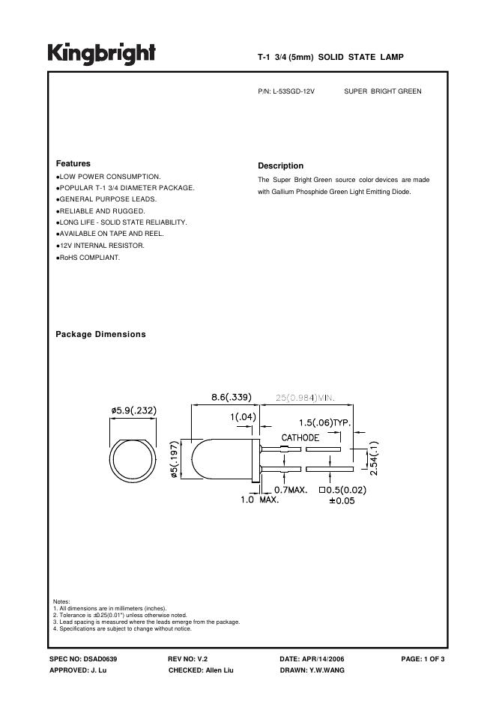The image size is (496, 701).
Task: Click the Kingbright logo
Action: click(102, 53)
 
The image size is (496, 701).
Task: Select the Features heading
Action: click(73, 163)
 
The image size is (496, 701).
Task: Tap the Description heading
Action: click(280, 166)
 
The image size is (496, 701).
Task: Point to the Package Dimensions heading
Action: click(101, 334)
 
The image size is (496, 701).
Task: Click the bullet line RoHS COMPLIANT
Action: click(89, 258)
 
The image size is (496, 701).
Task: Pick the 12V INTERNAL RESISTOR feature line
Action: click(101, 245)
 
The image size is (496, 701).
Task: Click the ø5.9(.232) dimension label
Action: click(135, 410)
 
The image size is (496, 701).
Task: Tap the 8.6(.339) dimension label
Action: click(231, 396)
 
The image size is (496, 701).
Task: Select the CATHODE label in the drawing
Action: click(300, 437)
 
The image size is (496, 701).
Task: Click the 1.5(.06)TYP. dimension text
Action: click(325, 423)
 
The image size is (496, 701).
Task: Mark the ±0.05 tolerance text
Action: click(342, 501)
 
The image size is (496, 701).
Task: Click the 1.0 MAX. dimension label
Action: click(259, 500)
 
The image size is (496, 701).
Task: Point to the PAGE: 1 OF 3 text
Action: click(423, 658)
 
